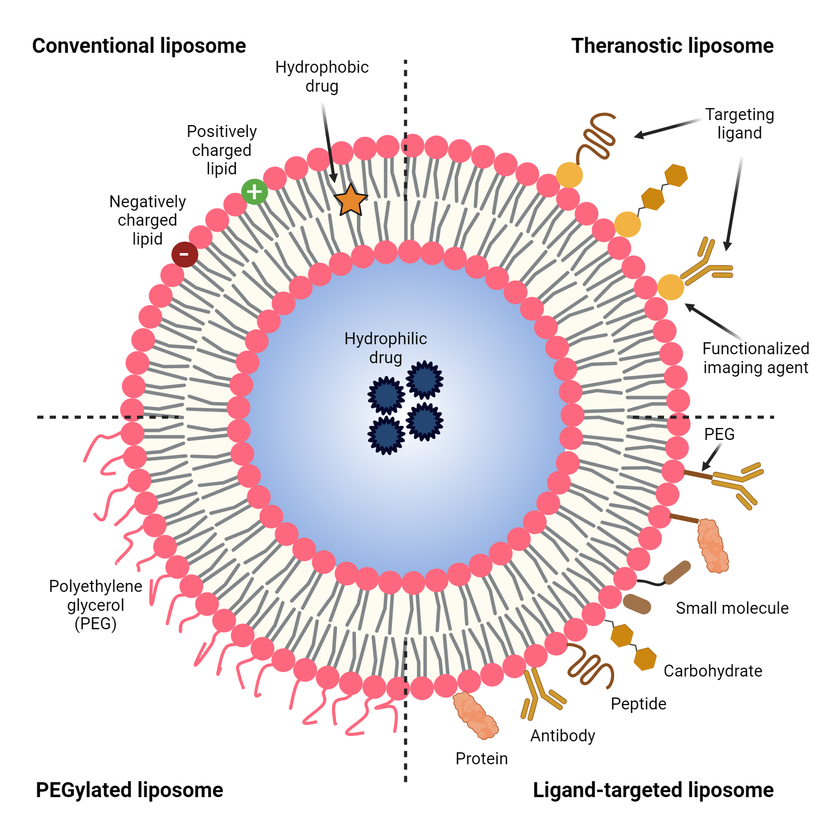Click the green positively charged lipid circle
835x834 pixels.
(254, 192)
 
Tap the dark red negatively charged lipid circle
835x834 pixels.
(184, 254)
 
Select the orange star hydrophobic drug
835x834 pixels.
(350, 200)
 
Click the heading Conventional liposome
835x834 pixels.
(139, 46)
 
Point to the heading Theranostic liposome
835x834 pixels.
(672, 46)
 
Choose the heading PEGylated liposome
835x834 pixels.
(130, 790)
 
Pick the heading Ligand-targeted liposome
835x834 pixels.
(653, 790)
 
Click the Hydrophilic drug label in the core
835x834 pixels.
(385, 348)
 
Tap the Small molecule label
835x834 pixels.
(732, 608)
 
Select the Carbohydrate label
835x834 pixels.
(713, 671)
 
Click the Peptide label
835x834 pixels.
(639, 704)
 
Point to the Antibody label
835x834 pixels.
(563, 736)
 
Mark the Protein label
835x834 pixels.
(482, 759)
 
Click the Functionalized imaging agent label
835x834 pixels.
(756, 358)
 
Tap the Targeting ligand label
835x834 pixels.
(739, 124)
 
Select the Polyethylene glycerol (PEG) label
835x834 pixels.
(96, 605)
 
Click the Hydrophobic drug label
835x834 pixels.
(322, 76)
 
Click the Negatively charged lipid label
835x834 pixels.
(148, 220)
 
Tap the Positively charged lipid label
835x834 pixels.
(222, 150)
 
